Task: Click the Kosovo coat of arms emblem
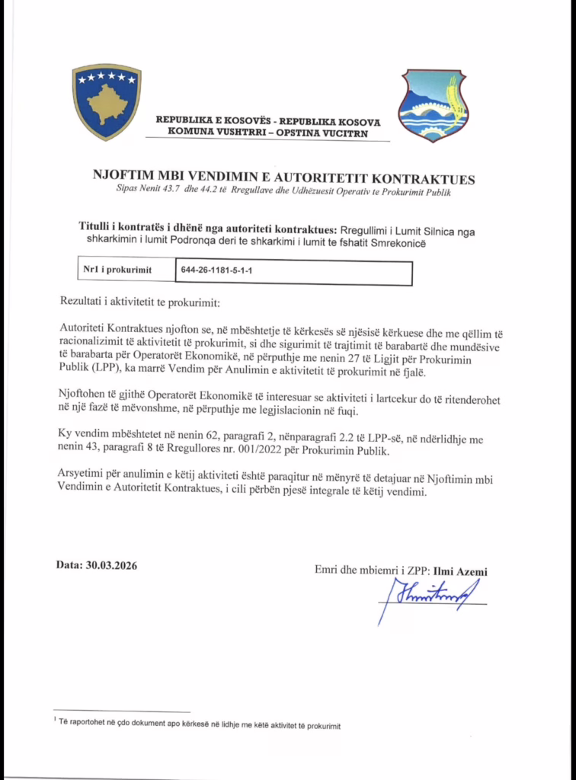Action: (x=107, y=102)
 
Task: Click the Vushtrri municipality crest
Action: (x=433, y=105)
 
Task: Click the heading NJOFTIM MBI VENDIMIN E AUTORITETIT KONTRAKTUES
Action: (x=283, y=179)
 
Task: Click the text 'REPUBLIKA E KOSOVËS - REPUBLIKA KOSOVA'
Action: (x=268, y=121)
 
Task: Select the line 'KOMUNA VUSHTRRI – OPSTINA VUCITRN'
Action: (x=268, y=133)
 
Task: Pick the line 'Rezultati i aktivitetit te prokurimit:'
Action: (x=138, y=303)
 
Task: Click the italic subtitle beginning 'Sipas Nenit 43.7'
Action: (x=283, y=192)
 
